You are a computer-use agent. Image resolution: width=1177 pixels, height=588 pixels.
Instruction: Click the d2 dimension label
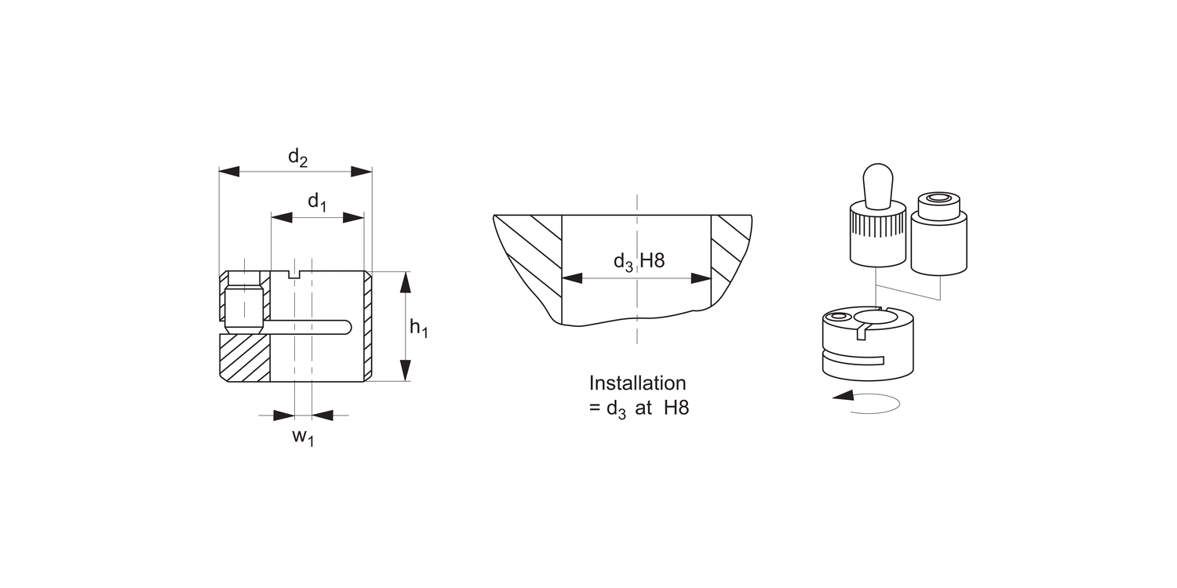(x=297, y=158)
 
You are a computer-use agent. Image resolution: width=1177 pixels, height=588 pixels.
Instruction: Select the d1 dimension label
(x=317, y=201)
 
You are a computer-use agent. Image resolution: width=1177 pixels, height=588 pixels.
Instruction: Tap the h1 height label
(x=419, y=328)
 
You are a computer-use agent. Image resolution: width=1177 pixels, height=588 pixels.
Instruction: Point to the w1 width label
(x=303, y=437)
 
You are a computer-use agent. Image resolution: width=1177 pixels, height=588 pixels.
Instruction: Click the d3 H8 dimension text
(x=639, y=261)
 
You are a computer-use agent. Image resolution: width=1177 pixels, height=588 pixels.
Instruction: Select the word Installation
(x=637, y=383)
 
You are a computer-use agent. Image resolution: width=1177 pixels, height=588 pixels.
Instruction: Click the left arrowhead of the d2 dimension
(x=229, y=171)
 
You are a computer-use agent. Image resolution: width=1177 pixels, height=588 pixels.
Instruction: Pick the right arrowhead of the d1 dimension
(x=354, y=217)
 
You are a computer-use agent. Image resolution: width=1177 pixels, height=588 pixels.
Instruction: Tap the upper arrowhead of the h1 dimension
(x=405, y=282)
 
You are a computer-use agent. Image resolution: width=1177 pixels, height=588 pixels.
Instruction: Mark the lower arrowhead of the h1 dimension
(x=405, y=370)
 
